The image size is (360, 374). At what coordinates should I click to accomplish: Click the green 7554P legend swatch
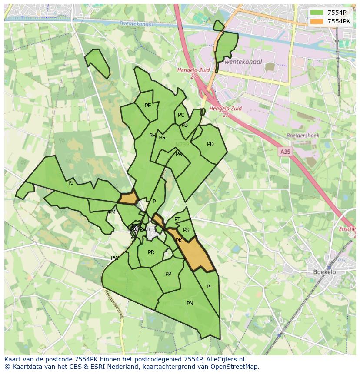click(x=317, y=13)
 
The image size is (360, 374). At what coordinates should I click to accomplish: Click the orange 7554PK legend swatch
click(x=317, y=21)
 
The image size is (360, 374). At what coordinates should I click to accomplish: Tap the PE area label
click(x=148, y=106)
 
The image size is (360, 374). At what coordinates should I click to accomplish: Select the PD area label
click(x=210, y=144)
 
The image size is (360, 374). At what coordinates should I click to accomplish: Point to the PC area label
click(x=181, y=115)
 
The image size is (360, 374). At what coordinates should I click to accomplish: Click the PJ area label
click(x=71, y=183)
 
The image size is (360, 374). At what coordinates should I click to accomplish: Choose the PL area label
click(x=210, y=287)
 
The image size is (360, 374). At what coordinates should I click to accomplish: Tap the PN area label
click(x=190, y=304)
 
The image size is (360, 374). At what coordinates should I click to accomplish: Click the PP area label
click(x=168, y=274)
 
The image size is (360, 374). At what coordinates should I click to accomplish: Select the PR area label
click(x=151, y=252)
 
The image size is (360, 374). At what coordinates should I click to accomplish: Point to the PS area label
click(x=187, y=230)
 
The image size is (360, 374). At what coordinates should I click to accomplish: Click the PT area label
click(x=177, y=219)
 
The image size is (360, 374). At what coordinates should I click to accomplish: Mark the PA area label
click(x=179, y=154)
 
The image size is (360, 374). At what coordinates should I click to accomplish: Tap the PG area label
click(x=162, y=138)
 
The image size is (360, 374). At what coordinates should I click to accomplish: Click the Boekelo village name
click(x=324, y=272)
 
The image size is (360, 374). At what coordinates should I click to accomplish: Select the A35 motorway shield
click(x=285, y=152)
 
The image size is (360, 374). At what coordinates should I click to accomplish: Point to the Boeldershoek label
click(x=303, y=136)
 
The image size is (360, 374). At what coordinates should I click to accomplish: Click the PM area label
click(x=112, y=212)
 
